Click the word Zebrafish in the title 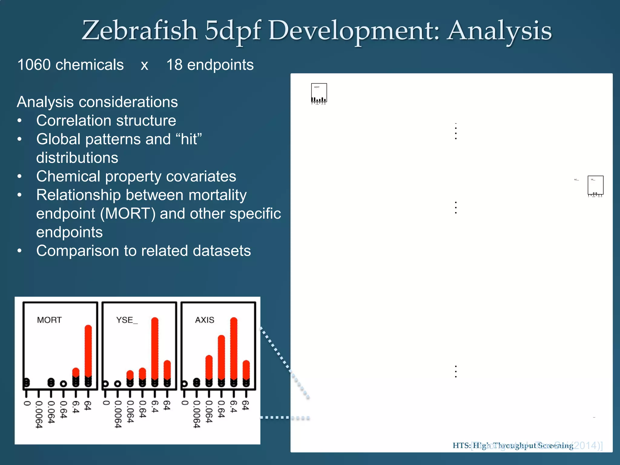click(139, 31)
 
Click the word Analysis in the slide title click(500, 31)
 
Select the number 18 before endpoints click(174, 65)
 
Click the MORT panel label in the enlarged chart click(49, 320)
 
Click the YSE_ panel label click(127, 320)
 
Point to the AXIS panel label click(205, 320)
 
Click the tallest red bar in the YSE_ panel click(155, 348)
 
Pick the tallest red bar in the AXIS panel click(234, 348)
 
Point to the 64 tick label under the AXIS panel click(246, 405)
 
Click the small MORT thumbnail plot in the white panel click(319, 94)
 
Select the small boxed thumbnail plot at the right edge click(595, 185)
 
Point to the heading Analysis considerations click(97, 102)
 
